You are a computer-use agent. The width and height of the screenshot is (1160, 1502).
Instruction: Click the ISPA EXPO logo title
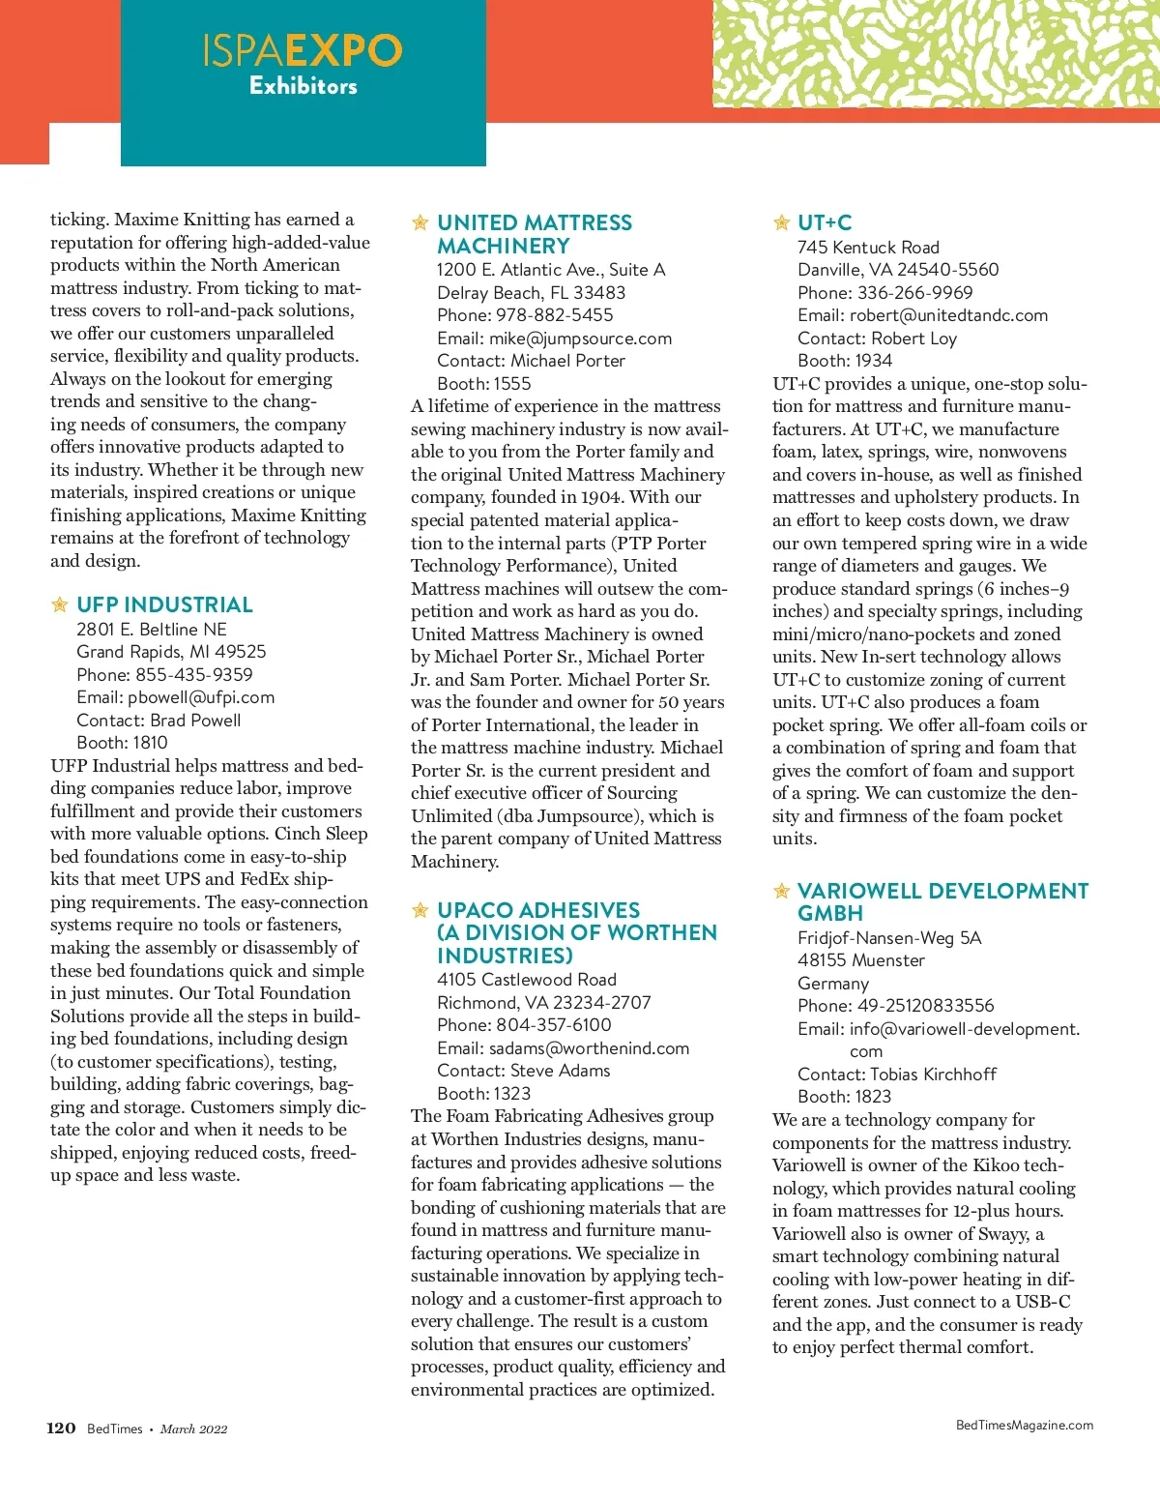303,50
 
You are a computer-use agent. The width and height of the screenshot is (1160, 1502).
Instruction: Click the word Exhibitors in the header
303,86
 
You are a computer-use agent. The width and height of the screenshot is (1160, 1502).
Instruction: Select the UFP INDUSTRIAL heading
164,605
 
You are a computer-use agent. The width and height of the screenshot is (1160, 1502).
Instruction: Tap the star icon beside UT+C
782,223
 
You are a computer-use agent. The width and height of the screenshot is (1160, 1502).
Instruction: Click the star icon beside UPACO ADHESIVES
420,911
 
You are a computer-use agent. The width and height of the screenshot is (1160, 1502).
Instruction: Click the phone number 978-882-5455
555,315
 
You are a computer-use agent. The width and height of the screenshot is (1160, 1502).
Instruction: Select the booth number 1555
511,384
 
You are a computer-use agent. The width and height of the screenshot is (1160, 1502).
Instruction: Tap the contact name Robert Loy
913,339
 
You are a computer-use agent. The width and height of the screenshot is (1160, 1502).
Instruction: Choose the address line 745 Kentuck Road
868,248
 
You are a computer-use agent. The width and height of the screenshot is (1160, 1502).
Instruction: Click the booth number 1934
872,361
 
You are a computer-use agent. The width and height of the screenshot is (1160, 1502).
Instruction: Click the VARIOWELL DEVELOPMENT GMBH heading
942,902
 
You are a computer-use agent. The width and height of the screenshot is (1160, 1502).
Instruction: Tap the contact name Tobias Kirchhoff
933,1075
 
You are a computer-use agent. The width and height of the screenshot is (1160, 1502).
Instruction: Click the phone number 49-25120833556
925,1006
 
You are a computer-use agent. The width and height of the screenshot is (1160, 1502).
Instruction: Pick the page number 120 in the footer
61,1428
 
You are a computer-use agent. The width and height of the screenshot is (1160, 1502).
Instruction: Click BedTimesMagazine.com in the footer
1024,1426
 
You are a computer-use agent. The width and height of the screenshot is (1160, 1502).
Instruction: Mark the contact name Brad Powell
195,721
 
